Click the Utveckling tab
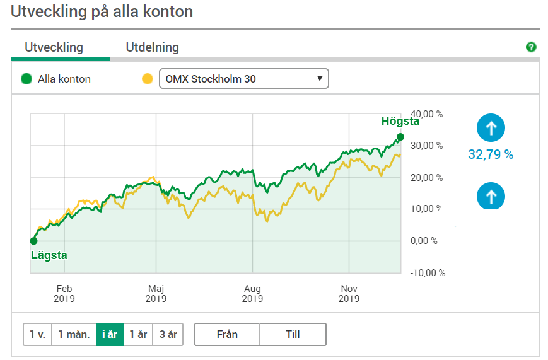(x=54, y=47)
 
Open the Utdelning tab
(x=152, y=47)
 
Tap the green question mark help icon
(x=531, y=47)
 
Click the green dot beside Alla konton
(x=26, y=79)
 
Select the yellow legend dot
(x=148, y=79)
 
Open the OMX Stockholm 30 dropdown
(x=243, y=79)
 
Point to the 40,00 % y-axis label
(x=427, y=114)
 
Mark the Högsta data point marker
(x=400, y=136)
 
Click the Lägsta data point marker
(x=33, y=240)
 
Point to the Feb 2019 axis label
(x=64, y=294)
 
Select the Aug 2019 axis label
(x=252, y=294)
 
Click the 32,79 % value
(x=491, y=154)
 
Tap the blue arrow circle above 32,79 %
(x=491, y=129)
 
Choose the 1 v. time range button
(x=37, y=335)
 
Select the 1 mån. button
(x=73, y=335)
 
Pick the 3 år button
(x=168, y=335)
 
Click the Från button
(x=227, y=335)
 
